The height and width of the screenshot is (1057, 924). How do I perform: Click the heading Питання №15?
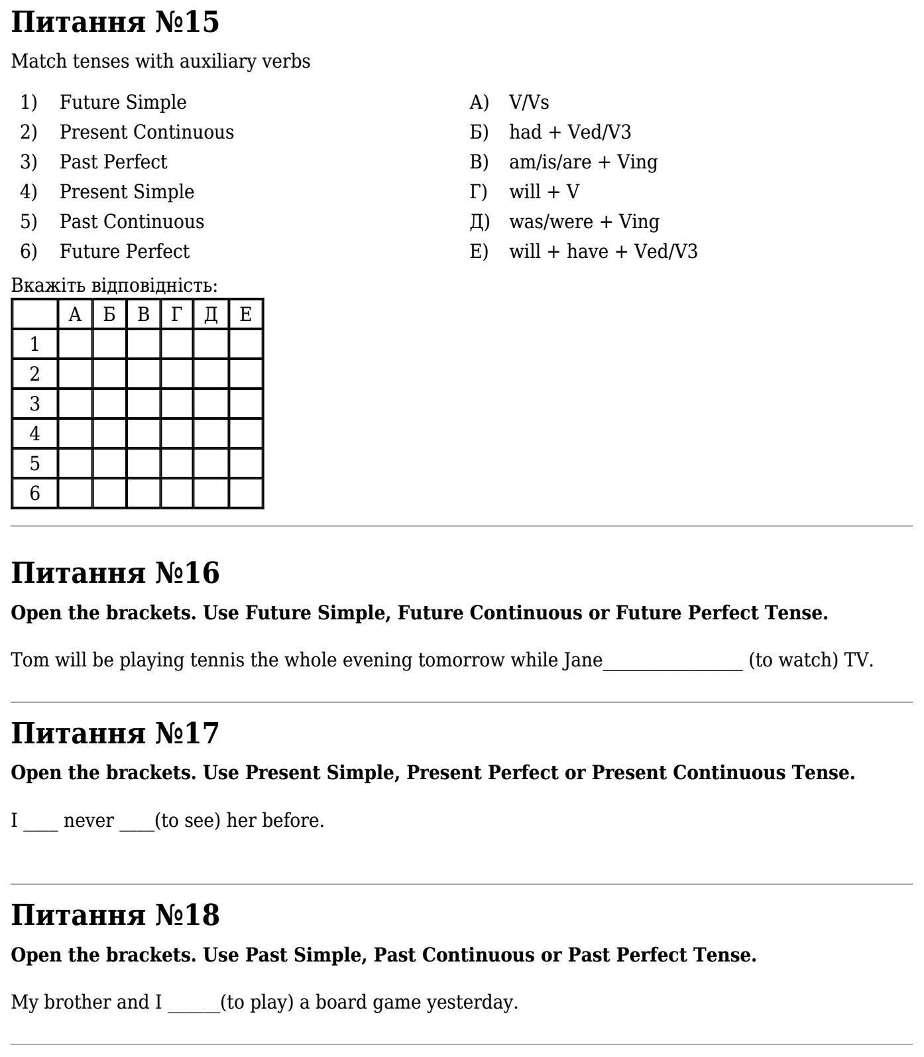(115, 22)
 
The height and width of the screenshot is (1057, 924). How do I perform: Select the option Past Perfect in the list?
(113, 162)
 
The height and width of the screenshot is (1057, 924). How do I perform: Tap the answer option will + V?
(544, 192)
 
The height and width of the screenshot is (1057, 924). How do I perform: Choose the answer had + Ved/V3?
(570, 132)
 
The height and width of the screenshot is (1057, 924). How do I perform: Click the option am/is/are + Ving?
(583, 162)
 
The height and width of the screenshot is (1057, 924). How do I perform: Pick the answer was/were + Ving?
(584, 221)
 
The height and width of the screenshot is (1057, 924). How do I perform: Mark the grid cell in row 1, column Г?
(177, 344)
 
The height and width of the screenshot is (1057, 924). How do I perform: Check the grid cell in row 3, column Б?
(109, 404)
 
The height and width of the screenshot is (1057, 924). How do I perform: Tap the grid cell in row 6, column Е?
(246, 493)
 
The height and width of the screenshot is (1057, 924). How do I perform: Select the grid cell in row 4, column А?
(75, 434)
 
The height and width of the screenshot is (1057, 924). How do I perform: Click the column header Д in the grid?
(211, 314)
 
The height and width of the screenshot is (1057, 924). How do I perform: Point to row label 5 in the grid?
(34, 464)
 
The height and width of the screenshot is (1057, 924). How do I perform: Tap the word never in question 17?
(88, 821)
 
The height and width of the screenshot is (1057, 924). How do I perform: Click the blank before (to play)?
(194, 1003)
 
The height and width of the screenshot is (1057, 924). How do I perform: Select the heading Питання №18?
(115, 915)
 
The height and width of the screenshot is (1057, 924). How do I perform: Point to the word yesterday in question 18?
(471, 1003)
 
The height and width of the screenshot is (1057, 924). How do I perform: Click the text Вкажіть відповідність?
(114, 286)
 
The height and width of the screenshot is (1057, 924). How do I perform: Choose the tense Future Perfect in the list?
(125, 251)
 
